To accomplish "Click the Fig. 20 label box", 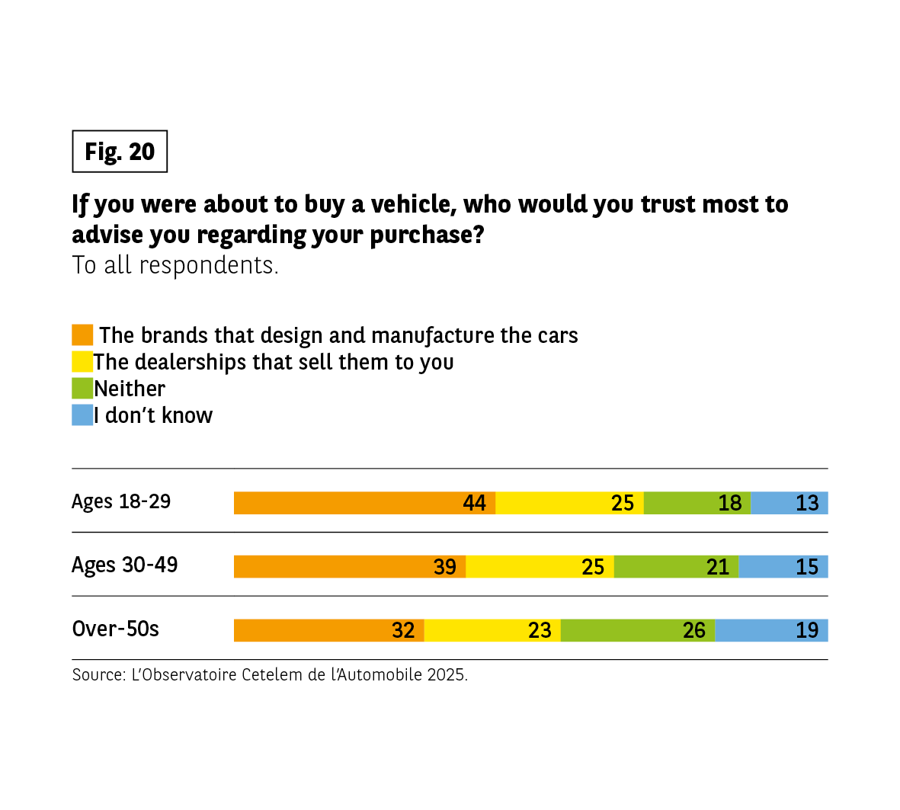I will tap(120, 152).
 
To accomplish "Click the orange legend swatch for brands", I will tap(82, 335).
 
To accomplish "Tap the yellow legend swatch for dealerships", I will tap(82, 362).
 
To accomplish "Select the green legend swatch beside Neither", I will tap(82, 389).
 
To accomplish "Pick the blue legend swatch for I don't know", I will tap(82, 415).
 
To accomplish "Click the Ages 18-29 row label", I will tap(121, 501).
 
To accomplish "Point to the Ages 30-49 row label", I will tap(124, 565).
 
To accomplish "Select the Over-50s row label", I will tap(115, 629).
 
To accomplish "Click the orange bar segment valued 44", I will tap(364, 503).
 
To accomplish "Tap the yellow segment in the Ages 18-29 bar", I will tap(569, 503).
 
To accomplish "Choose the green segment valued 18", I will tap(697, 503).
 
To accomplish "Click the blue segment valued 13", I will tap(790, 503).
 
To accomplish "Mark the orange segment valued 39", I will tap(350, 567).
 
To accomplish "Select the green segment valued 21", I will tap(676, 567).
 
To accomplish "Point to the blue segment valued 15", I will tap(783, 567).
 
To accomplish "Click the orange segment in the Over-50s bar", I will tap(328, 630).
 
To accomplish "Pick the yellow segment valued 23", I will tap(492, 630).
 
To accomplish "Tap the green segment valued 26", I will tap(638, 630).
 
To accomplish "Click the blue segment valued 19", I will tap(771, 630).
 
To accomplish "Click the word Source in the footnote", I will tap(97, 675).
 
